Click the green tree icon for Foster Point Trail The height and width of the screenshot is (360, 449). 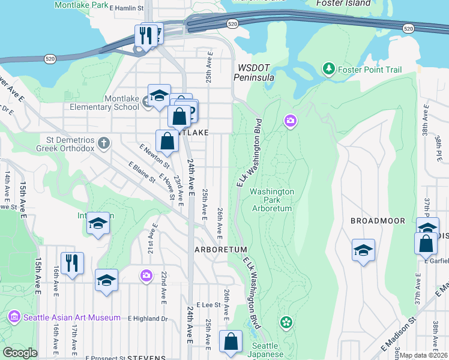click(x=328, y=70)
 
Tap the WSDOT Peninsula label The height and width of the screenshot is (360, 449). click(x=256, y=73)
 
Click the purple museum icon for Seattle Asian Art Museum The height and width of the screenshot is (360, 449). click(x=13, y=317)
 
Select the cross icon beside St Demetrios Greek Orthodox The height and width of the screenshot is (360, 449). click(x=104, y=143)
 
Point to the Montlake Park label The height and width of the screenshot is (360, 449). click(x=82, y=5)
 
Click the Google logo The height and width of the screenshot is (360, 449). click(x=20, y=353)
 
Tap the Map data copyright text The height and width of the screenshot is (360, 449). click(x=424, y=355)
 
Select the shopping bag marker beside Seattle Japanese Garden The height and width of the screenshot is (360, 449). click(x=231, y=342)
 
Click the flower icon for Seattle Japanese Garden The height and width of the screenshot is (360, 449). click(x=286, y=322)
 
